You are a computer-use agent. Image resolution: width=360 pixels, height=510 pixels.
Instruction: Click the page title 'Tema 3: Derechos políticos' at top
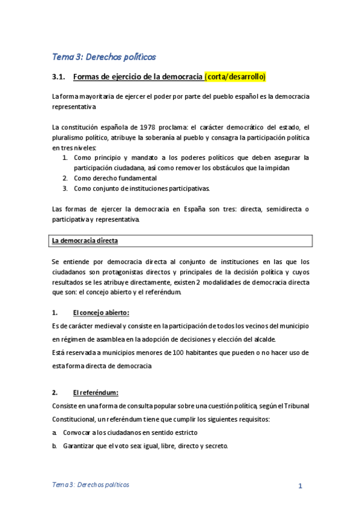click(x=103, y=57)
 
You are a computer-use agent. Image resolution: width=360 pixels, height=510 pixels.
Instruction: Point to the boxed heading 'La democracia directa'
click(x=85, y=241)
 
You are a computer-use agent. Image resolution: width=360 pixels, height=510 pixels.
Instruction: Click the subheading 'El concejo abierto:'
click(x=100, y=313)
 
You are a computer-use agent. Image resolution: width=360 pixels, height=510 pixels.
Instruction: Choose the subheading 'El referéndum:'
click(x=96, y=393)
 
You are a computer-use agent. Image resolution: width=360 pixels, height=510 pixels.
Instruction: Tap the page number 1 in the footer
click(x=299, y=485)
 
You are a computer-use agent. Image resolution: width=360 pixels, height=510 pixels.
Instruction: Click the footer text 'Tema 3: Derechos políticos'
click(x=90, y=485)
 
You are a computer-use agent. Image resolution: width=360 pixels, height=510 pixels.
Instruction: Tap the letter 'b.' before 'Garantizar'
click(x=55, y=446)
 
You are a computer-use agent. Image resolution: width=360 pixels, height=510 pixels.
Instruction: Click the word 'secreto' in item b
click(x=215, y=446)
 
